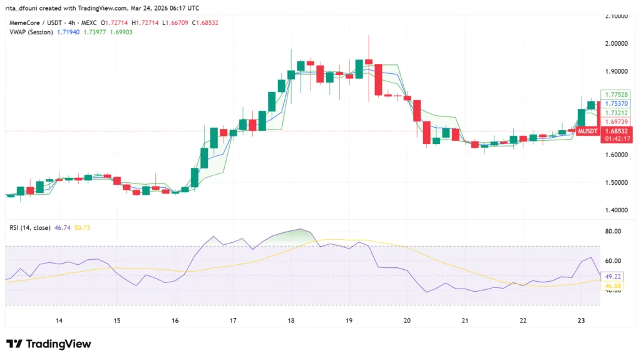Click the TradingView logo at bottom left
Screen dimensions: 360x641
click(x=48, y=344)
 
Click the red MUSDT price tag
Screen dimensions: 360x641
click(x=587, y=131)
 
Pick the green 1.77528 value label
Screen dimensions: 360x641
click(x=616, y=95)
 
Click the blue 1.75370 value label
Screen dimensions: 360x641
click(x=616, y=103)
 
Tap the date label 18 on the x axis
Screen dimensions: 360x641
click(x=291, y=321)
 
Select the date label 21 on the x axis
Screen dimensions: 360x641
click(x=465, y=321)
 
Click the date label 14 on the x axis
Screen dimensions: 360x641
click(x=59, y=321)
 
